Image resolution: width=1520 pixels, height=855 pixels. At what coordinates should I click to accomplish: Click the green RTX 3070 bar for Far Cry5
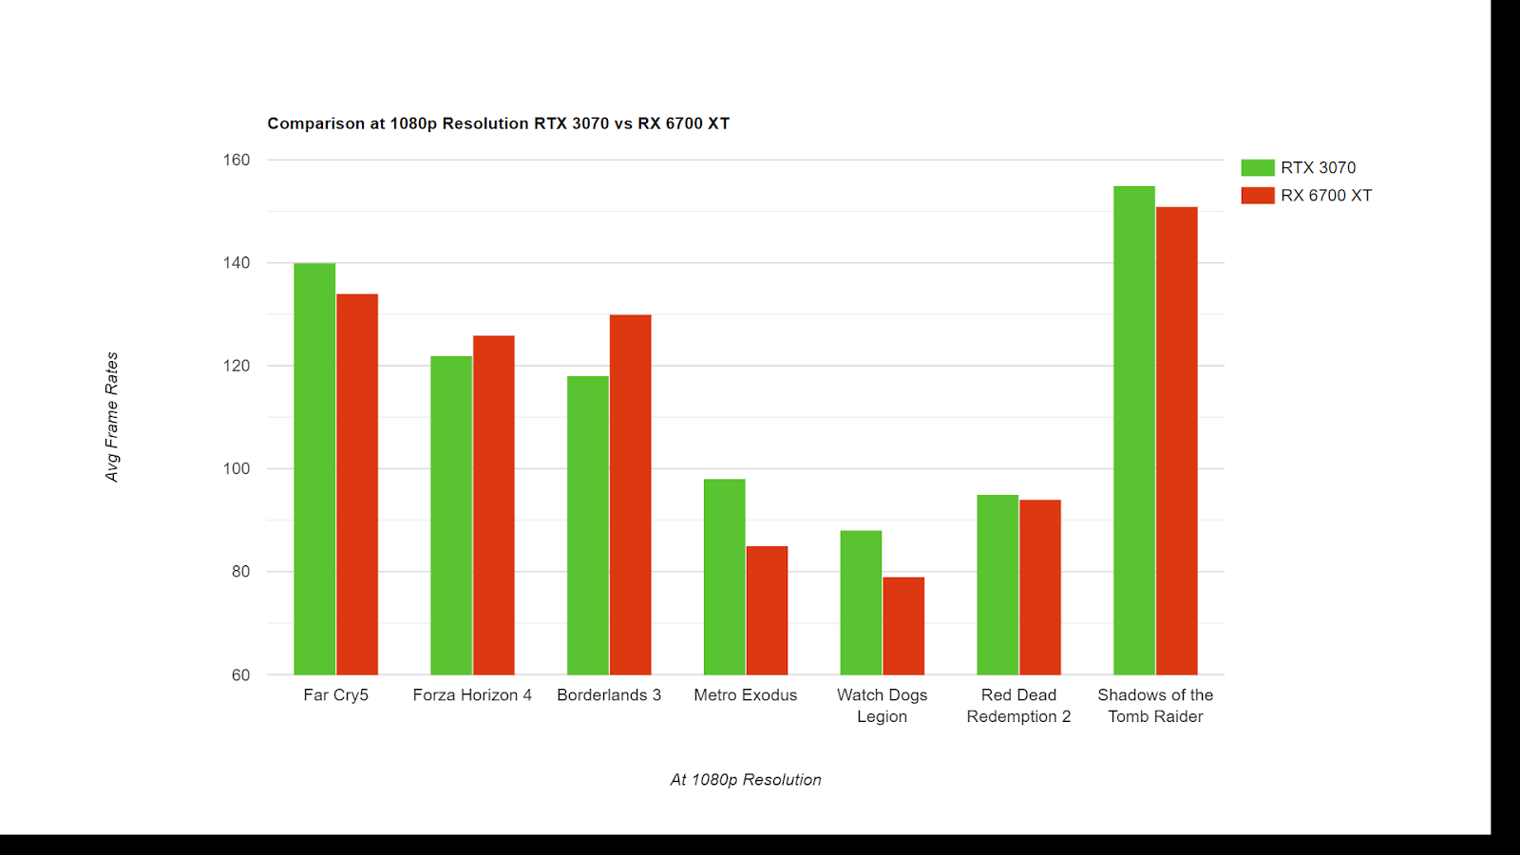(314, 469)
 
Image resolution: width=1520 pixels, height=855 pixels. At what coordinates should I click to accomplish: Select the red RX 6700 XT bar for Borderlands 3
(630, 494)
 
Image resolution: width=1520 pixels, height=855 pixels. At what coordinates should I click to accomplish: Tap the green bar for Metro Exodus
(724, 577)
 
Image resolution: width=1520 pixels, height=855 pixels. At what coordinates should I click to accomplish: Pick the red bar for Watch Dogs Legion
(903, 626)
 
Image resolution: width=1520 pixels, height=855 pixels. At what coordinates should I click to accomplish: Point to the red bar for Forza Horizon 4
(493, 504)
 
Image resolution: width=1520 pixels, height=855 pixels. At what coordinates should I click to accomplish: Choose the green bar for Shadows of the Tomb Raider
(1134, 430)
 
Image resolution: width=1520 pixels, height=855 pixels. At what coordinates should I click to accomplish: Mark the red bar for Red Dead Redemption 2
(1040, 587)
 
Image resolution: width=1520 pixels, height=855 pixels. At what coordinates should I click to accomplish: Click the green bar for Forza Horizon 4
(451, 515)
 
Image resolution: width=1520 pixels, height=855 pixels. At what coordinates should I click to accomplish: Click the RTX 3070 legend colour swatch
(1257, 168)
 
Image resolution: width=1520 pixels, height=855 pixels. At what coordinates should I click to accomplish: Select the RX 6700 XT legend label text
(1326, 196)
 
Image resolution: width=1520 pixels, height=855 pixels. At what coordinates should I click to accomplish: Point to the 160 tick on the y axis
(237, 160)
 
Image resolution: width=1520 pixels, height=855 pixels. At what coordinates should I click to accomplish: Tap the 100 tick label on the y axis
(237, 468)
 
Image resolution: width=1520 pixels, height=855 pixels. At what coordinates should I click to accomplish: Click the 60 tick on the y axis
(240, 674)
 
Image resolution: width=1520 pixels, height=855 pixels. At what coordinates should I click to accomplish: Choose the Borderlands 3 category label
(609, 695)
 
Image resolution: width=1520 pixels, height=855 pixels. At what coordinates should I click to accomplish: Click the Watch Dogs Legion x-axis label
(882, 706)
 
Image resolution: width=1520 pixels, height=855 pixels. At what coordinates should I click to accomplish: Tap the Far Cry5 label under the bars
(335, 695)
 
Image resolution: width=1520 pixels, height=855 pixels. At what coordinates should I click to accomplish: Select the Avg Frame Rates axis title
(112, 417)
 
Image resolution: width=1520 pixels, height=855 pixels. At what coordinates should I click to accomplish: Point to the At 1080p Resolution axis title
(746, 780)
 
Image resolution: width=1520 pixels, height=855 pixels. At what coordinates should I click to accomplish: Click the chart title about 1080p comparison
(498, 123)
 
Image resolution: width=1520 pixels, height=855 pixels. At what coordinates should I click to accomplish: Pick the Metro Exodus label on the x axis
(746, 695)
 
